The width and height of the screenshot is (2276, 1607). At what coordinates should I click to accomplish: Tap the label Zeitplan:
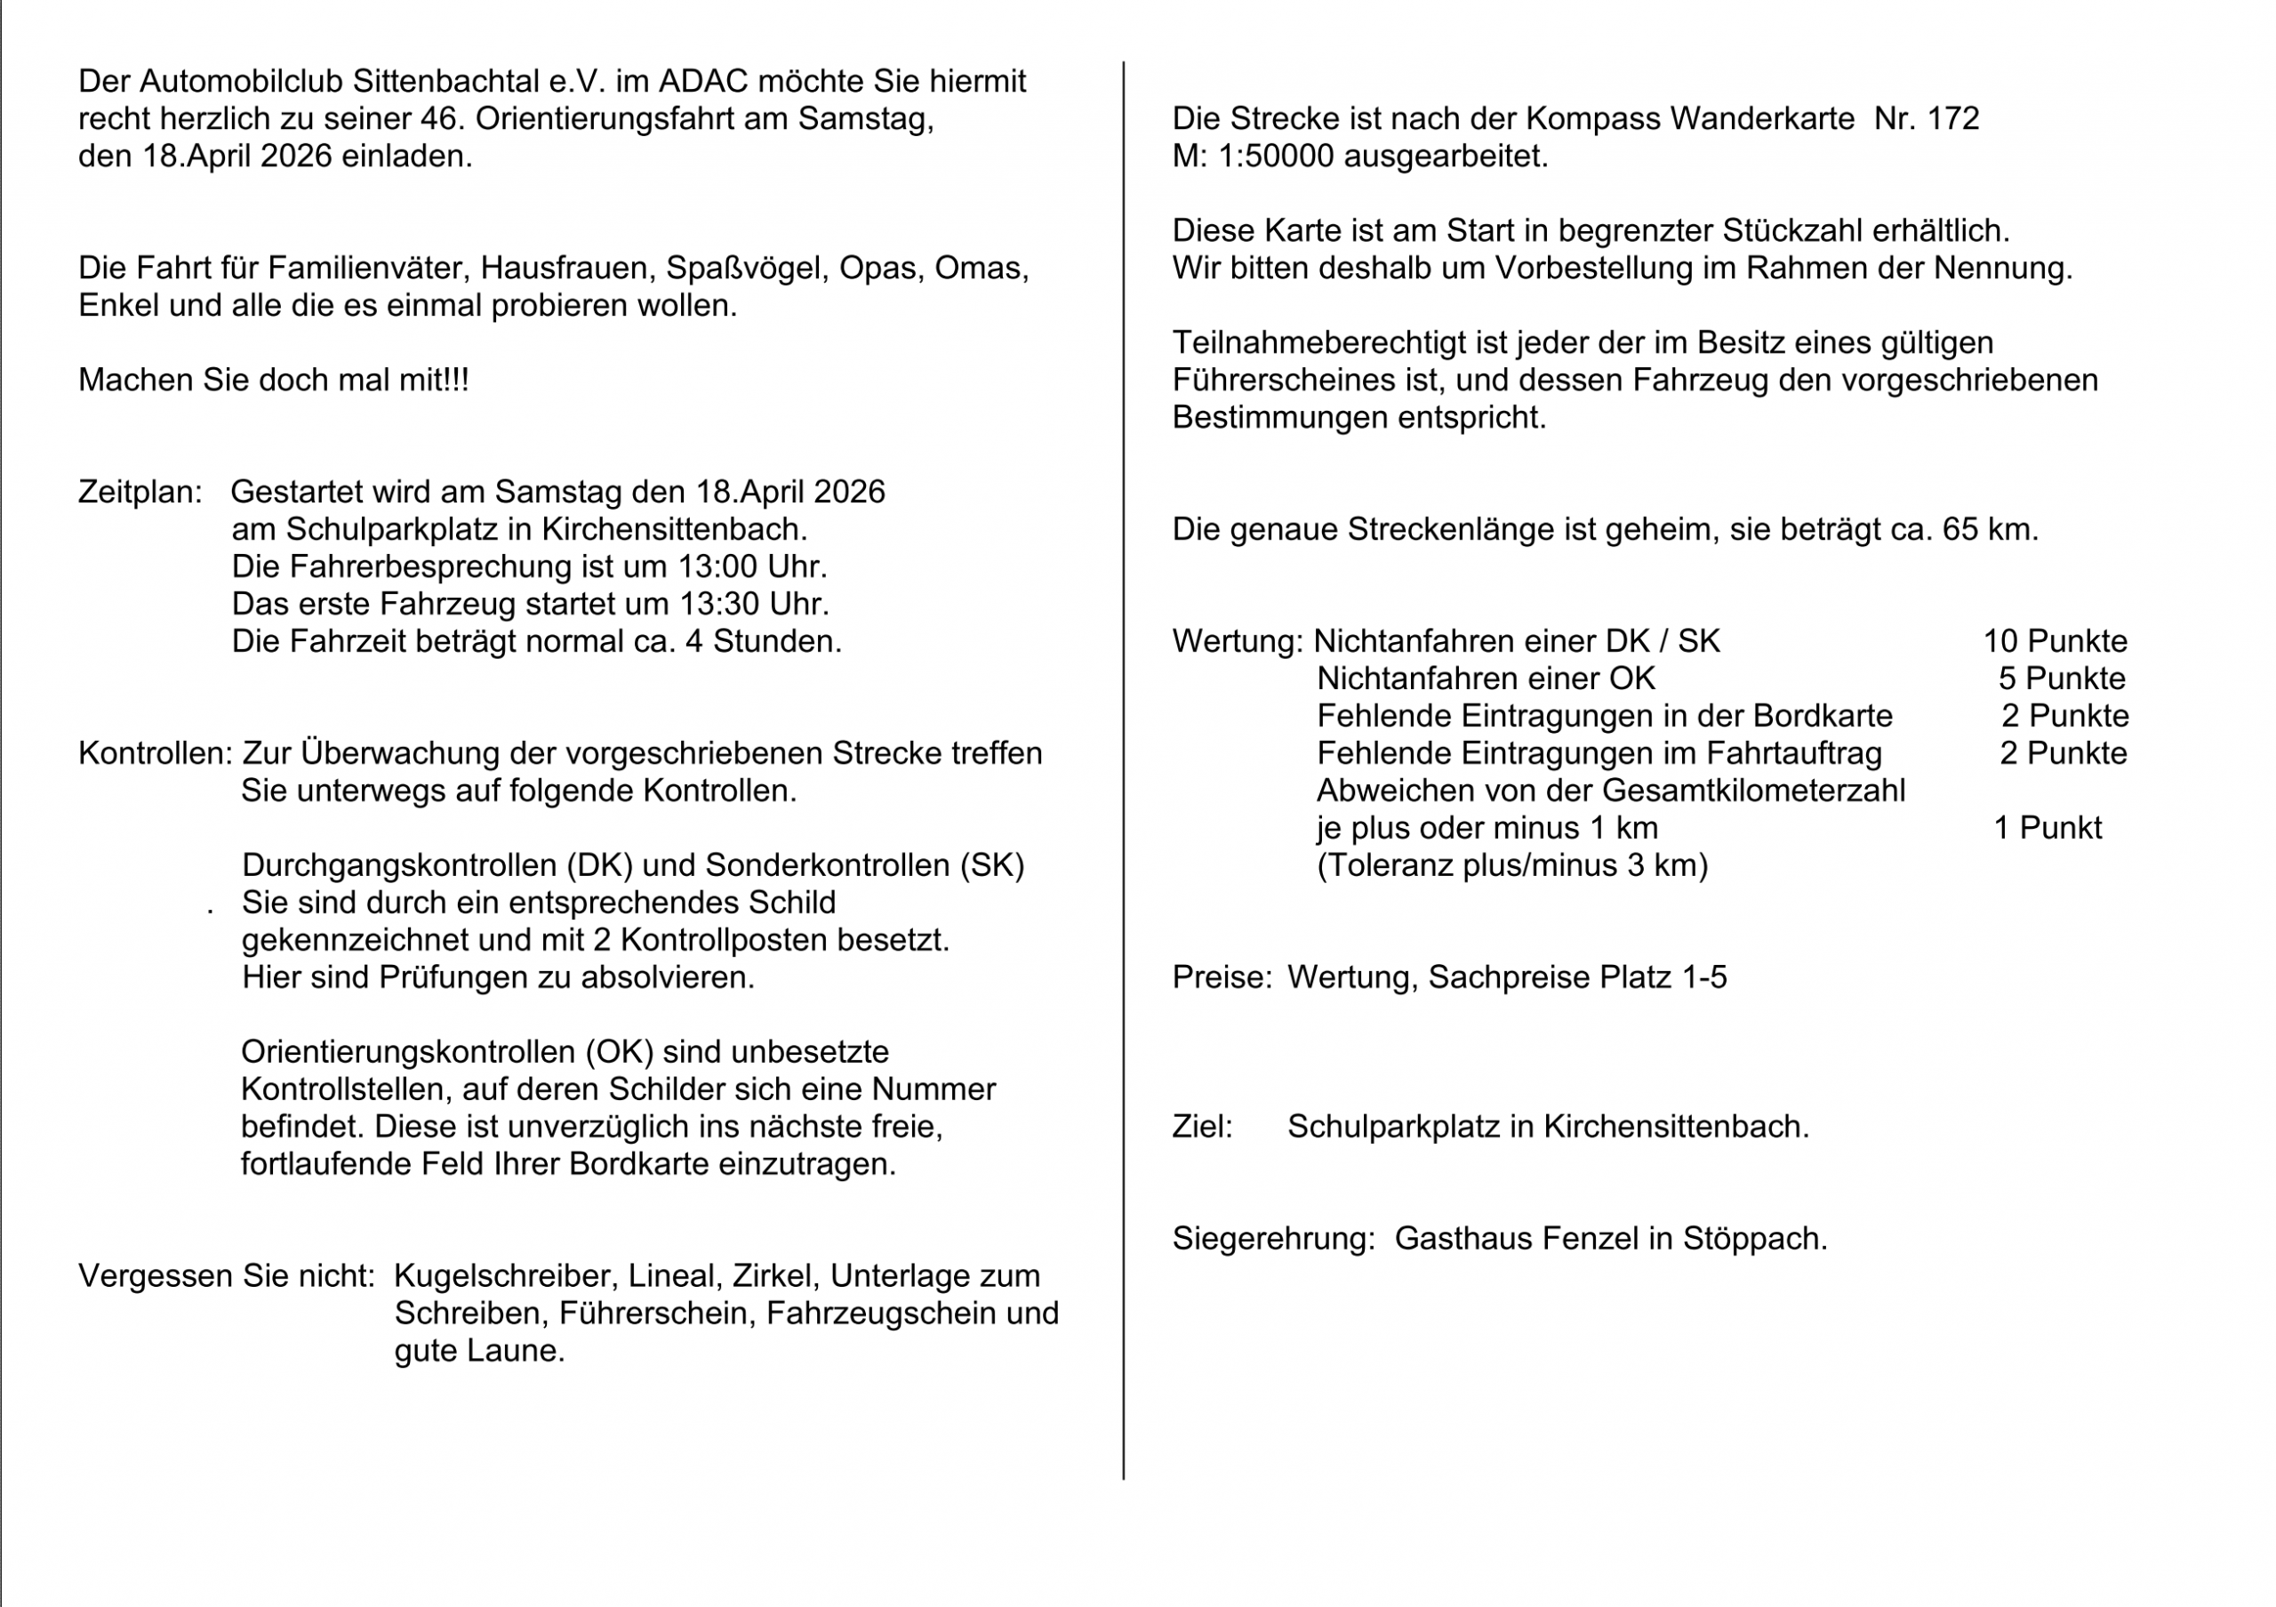coord(140,492)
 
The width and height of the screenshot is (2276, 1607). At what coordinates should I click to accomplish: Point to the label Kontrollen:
coord(155,753)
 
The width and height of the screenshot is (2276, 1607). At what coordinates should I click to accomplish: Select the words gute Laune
coord(479,1351)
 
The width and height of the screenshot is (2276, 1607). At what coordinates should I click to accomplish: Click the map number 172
coord(1953,119)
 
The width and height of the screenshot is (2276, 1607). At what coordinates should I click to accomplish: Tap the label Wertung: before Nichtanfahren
coord(1237,641)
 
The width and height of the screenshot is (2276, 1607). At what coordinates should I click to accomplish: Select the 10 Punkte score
coord(2055,641)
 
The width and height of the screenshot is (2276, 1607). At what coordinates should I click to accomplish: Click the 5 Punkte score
coord(2062,679)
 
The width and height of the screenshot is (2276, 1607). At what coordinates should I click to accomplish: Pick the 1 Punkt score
coord(2048,828)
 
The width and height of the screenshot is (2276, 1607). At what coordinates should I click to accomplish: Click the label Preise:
coord(1222,977)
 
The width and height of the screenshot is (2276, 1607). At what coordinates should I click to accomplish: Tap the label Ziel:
coord(1201,1127)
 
